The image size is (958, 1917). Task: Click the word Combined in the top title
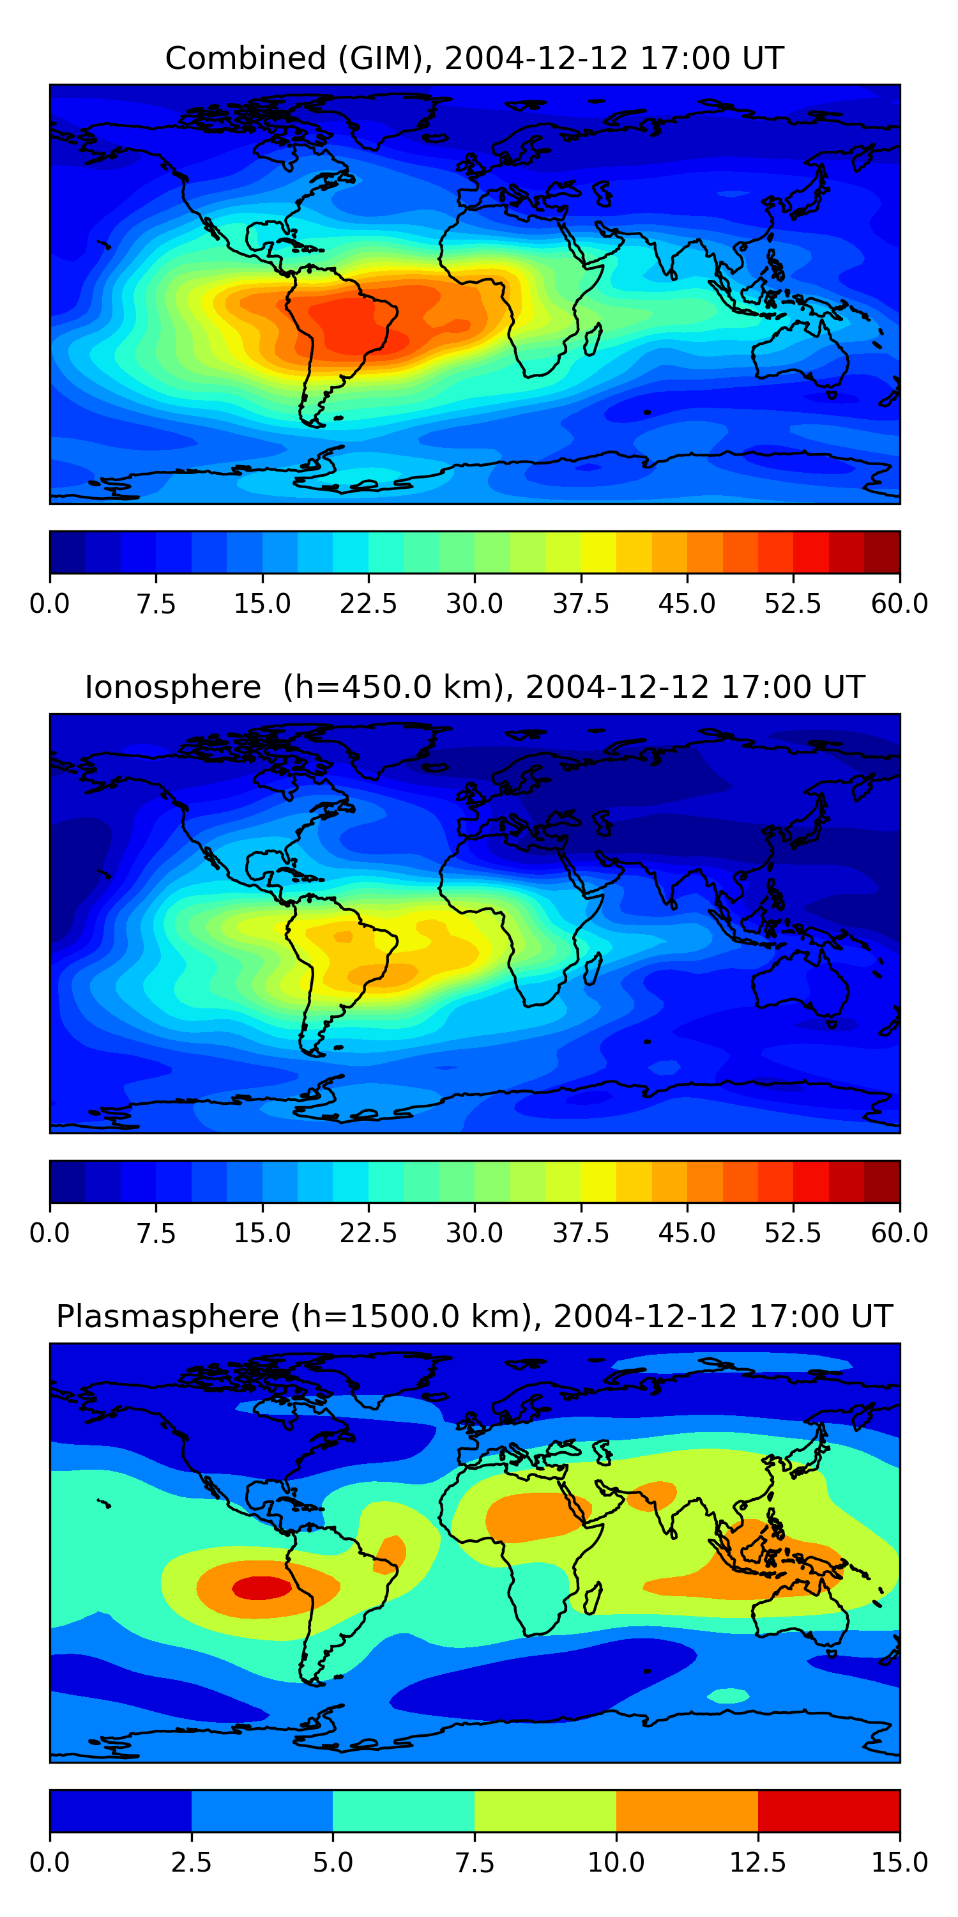click(245, 58)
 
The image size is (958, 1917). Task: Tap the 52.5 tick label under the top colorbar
click(793, 603)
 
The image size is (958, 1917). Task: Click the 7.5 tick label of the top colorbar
click(156, 603)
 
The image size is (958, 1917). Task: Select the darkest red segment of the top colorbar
click(882, 552)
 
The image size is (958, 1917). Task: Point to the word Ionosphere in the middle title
click(172, 687)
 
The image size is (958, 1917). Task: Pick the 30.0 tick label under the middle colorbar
click(475, 1233)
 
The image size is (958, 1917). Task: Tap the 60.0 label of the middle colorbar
click(899, 1233)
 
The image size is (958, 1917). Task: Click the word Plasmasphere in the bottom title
click(167, 1316)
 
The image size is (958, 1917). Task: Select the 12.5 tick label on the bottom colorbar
click(758, 1862)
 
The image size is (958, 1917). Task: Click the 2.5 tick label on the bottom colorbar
click(191, 1862)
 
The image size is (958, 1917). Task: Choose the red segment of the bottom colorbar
click(828, 1810)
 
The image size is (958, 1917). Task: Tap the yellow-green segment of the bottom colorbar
click(545, 1810)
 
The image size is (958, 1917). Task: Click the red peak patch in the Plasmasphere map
click(261, 1587)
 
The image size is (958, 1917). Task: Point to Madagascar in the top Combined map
click(593, 339)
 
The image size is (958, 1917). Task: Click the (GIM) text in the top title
click(385, 58)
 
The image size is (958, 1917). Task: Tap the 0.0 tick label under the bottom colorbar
click(50, 1862)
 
